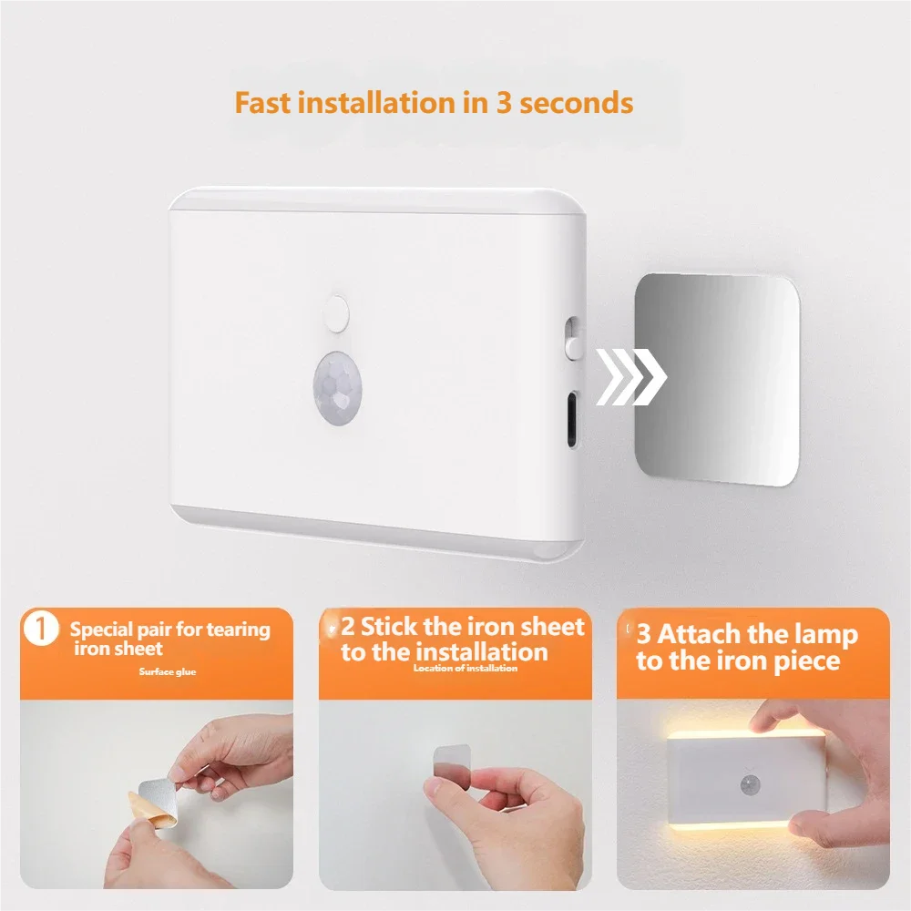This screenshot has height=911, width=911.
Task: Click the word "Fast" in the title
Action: pos(262,103)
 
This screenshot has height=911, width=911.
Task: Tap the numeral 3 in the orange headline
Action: pos(503,103)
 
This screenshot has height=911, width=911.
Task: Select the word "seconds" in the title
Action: pos(576,104)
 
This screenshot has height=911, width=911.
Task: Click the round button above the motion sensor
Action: pos(336,313)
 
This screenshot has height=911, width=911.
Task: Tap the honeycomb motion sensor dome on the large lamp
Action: pos(338,387)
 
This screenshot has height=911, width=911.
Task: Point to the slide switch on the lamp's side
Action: pos(572,338)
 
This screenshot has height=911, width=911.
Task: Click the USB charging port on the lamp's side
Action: pos(572,419)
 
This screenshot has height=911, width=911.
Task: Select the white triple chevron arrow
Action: pos(631,377)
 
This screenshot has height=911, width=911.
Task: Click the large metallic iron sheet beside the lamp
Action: pos(717,379)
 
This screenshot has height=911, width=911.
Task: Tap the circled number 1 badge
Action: pos(41,629)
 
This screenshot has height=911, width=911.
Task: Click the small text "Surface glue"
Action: pos(168,671)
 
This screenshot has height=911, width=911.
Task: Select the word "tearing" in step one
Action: pos(238,630)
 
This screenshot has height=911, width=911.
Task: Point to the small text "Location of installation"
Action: pos(466,668)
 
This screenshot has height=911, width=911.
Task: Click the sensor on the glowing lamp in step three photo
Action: pos(750,785)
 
